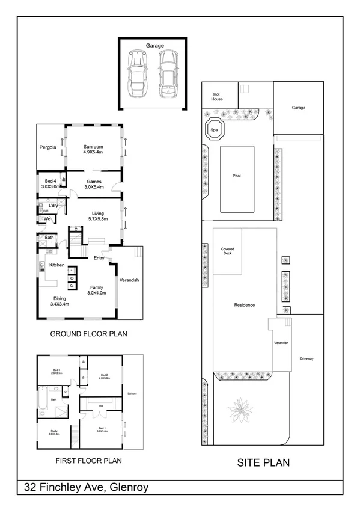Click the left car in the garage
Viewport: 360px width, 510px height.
(138, 75)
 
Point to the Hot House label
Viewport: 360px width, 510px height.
(217, 96)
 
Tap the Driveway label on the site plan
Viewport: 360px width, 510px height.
(307, 359)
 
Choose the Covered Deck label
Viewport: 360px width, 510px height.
(228, 251)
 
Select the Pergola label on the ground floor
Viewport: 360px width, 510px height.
(48, 146)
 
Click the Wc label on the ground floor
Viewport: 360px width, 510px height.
(46, 219)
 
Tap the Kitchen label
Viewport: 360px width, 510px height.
(57, 265)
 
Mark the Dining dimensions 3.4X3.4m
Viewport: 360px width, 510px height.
(58, 304)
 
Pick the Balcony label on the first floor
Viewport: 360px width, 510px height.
(133, 394)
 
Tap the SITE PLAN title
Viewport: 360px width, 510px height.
(263, 462)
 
